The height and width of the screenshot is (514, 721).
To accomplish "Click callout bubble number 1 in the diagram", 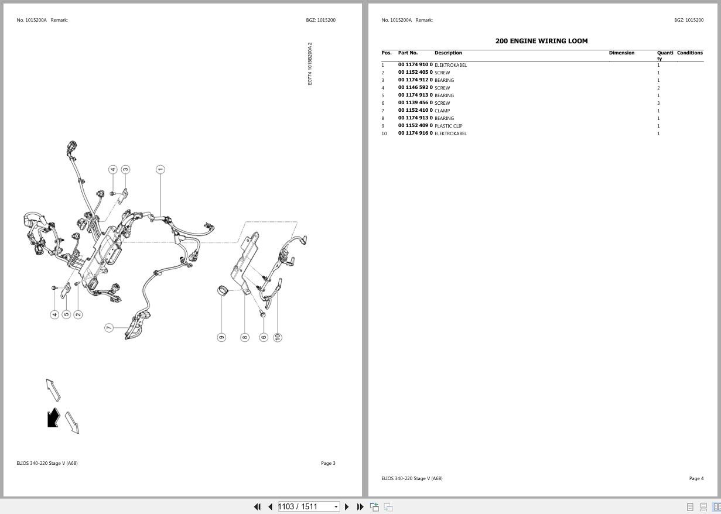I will click(160, 169).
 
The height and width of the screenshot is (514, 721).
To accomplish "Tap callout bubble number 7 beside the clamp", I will click(109, 328).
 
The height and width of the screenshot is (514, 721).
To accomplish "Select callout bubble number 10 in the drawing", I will click(278, 337).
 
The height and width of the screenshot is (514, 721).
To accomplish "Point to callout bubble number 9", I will click(221, 337).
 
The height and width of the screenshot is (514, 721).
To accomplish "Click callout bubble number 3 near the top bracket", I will click(125, 169).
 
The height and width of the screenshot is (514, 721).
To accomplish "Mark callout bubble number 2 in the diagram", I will click(78, 314).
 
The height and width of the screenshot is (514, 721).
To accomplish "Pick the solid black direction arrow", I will click(53, 417).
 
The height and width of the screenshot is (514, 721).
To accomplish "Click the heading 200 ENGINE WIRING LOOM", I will click(541, 41).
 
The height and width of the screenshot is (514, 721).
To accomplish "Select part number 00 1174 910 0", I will click(415, 65).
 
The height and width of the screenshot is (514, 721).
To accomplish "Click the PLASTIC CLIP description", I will click(448, 126).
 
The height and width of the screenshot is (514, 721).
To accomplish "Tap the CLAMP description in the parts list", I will click(442, 111).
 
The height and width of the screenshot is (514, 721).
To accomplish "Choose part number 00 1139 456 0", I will click(415, 103).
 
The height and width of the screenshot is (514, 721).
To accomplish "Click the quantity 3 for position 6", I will click(658, 103).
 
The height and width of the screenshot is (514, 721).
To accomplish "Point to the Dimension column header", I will click(621, 53).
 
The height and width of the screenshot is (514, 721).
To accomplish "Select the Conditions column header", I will click(689, 53).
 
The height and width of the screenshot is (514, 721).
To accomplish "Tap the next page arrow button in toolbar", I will click(347, 506).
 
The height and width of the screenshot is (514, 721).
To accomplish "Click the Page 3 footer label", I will click(328, 463).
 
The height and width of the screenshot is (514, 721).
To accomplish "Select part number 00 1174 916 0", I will click(415, 133).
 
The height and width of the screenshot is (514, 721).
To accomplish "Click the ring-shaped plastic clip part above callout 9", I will click(223, 290).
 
